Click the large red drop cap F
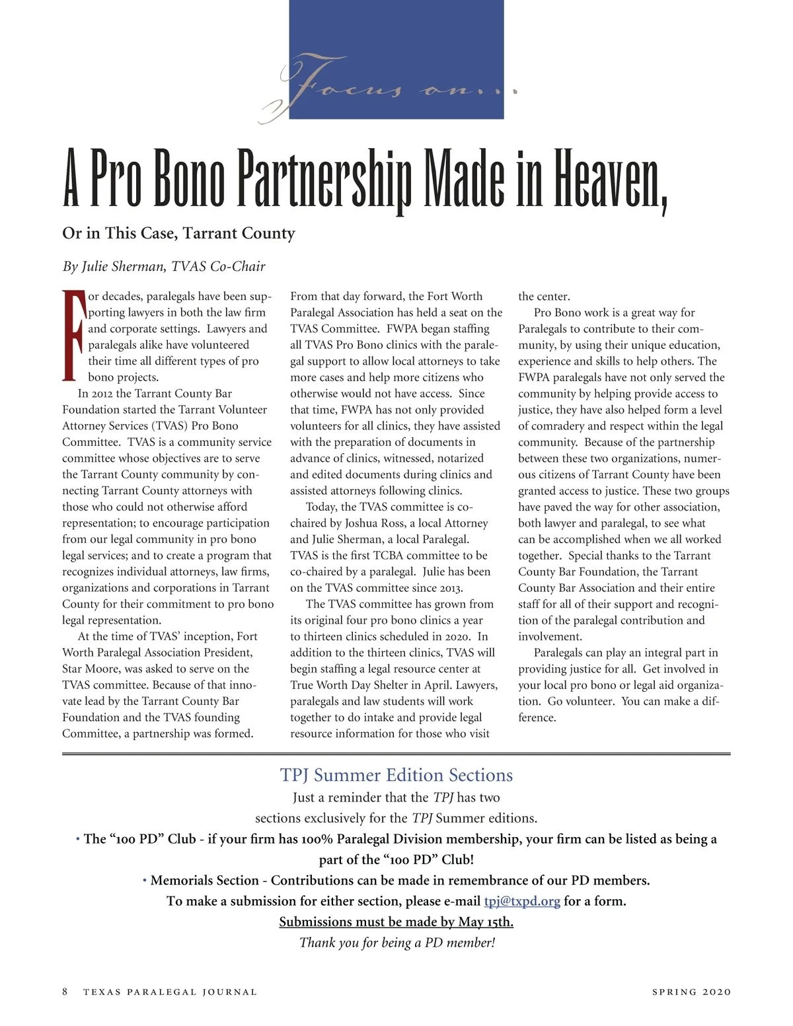[x=74, y=336]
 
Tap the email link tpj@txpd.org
[x=522, y=901]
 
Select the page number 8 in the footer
[x=65, y=992]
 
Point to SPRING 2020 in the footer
[x=691, y=992]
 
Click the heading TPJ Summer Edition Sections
[x=397, y=775]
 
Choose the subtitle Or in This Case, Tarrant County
[x=178, y=233]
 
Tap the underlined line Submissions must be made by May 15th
[x=396, y=922]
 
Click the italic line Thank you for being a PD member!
[x=397, y=942]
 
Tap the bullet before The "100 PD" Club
[x=77, y=839]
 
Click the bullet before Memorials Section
[x=144, y=880]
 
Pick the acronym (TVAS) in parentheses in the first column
[x=169, y=426]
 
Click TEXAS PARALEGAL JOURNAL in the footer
[x=170, y=992]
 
